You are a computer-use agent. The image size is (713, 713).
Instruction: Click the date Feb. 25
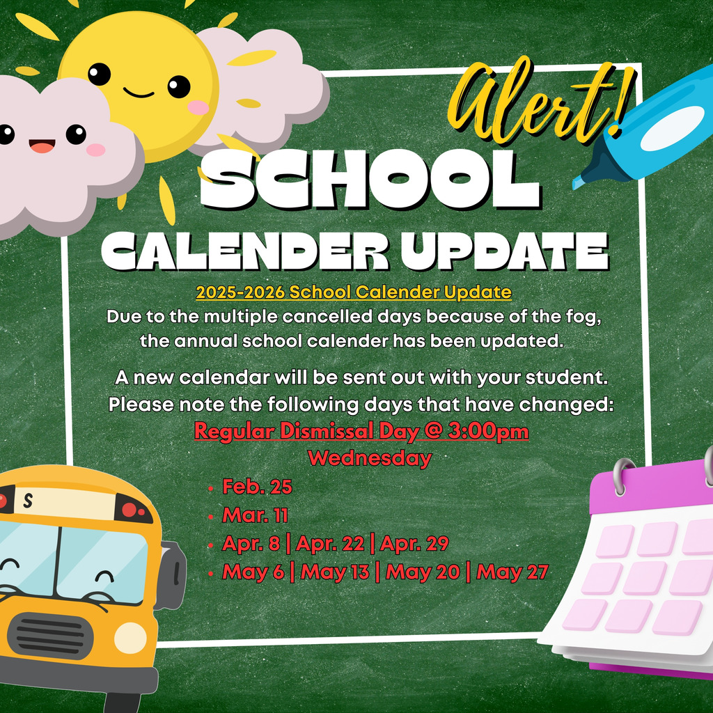click(x=257, y=487)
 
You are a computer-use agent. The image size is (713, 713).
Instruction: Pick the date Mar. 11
click(x=255, y=515)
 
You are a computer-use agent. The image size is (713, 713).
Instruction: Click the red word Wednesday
click(x=370, y=459)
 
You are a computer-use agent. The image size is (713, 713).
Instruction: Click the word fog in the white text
click(x=583, y=316)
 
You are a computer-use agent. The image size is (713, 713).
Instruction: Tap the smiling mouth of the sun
click(x=138, y=93)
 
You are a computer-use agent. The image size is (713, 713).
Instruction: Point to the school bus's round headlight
click(x=130, y=637)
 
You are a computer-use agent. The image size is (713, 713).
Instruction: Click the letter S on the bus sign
click(x=27, y=501)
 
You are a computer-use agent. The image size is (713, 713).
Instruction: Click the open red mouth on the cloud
click(x=42, y=146)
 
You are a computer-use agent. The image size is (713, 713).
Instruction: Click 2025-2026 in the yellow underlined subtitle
click(x=240, y=292)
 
